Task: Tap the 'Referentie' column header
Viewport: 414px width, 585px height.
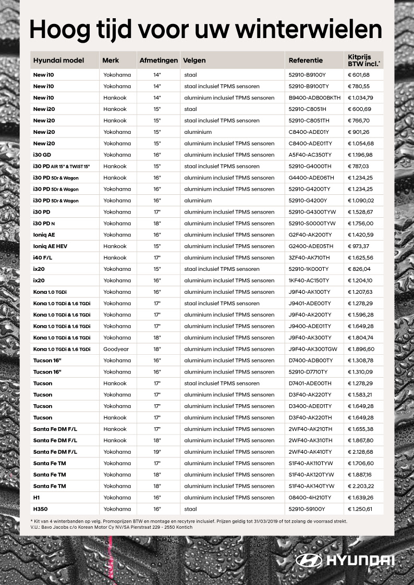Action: pos(306,60)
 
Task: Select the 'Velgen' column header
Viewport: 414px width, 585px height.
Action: pos(194,60)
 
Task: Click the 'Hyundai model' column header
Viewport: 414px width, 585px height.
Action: pos(58,60)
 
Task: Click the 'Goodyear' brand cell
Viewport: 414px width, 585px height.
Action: pos(116,349)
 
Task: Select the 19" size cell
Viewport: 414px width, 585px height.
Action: pos(157,452)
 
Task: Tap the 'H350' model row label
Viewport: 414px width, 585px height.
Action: pos(40,509)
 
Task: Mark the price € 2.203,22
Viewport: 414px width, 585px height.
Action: pos(361,486)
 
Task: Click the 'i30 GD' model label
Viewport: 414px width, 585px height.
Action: pos(42,155)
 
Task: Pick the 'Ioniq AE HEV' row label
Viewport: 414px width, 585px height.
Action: pos(50,246)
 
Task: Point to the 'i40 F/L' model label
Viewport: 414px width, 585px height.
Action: pos(42,258)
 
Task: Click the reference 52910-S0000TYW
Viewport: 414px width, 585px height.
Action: pos(312,223)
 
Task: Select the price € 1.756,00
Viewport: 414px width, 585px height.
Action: pos(360,223)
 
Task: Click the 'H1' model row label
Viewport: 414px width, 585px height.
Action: pos(36,497)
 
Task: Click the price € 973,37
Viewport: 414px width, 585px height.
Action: pos(358,246)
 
